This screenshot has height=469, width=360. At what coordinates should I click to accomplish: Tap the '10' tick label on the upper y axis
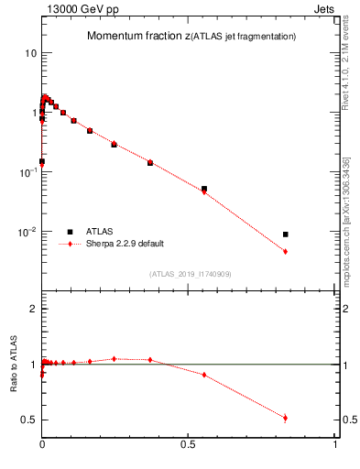pyautogui.click(x=30, y=53)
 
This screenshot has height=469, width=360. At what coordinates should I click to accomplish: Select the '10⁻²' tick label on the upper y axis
pyautogui.click(x=28, y=232)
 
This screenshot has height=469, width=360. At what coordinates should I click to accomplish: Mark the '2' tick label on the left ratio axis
pyautogui.click(x=33, y=310)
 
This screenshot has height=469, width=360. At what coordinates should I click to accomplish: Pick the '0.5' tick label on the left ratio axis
pyautogui.click(x=29, y=420)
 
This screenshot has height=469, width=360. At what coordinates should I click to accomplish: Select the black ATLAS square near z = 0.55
pyautogui.click(x=203, y=189)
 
